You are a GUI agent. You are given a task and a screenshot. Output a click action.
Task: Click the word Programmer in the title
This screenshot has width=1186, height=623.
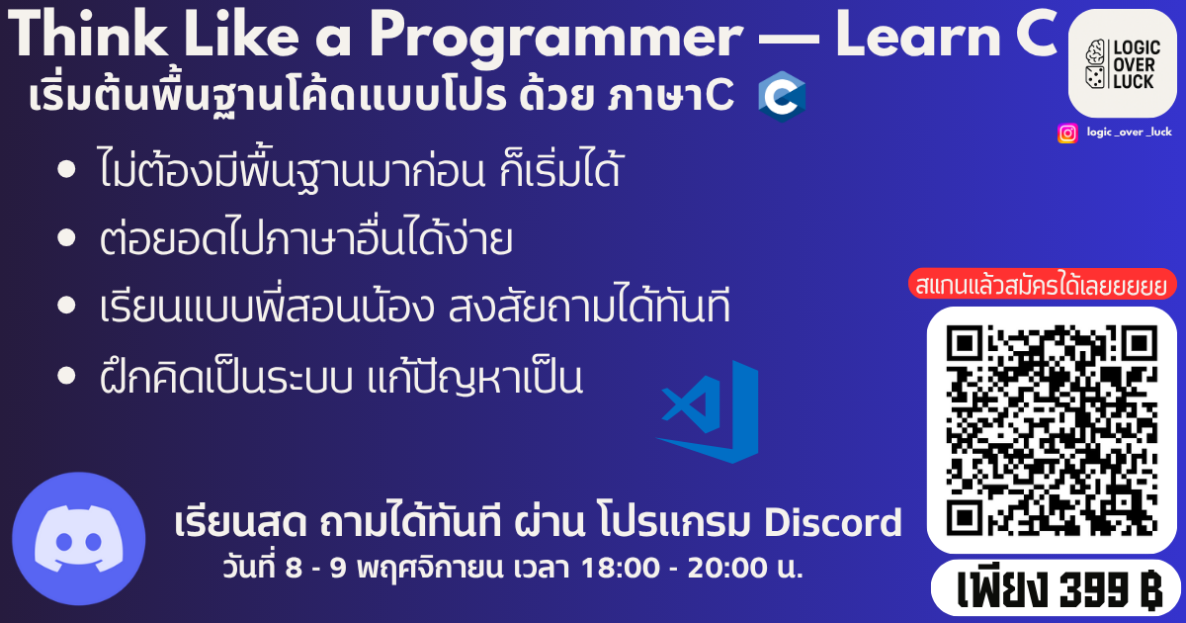[555, 38]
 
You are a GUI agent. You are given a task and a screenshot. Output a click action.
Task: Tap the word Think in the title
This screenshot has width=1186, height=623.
[87, 34]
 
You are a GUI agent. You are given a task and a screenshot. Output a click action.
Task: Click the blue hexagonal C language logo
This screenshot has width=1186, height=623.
[782, 97]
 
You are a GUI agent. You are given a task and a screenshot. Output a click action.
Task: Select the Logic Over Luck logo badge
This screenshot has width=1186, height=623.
[1123, 63]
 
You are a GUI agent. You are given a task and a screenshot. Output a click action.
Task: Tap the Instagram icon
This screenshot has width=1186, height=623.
[1067, 133]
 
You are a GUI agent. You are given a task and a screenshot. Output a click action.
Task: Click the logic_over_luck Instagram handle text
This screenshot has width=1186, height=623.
[1129, 132]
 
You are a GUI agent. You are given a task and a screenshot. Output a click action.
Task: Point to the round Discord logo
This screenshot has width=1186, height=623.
[79, 538]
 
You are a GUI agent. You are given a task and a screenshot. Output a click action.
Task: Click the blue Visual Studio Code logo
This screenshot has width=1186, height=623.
[708, 411]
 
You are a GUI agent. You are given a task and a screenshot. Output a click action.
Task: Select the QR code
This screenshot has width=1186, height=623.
[1052, 430]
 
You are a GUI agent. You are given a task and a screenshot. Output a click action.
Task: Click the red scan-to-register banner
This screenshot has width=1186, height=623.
[1042, 285]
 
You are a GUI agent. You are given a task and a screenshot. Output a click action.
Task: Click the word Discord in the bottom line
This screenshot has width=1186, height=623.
[833, 523]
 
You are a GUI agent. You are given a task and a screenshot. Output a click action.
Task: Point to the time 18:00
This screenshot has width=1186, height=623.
[621, 568]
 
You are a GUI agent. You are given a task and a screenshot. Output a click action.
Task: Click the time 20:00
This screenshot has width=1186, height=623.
[727, 568]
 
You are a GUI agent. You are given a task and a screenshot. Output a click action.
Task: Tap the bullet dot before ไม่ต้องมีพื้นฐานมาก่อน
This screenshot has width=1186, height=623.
[66, 169]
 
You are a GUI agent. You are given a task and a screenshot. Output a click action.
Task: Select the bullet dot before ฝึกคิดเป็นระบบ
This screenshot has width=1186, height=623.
[66, 375]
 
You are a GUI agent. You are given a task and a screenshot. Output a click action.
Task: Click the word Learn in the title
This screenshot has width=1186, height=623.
[918, 34]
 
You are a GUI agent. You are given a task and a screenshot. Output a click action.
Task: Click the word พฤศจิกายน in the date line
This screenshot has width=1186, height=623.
[429, 569]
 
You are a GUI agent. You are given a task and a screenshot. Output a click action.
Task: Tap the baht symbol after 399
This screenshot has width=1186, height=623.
[1148, 589]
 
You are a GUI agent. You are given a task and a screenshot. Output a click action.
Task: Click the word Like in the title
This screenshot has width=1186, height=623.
[241, 34]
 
